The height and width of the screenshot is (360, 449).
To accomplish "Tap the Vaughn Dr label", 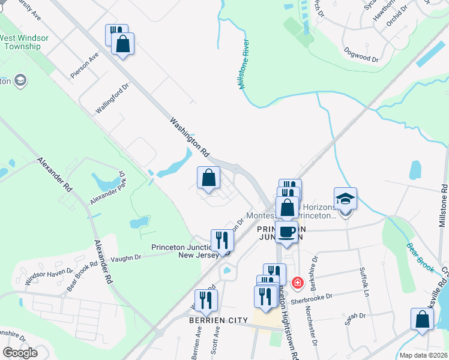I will [x=125, y=257].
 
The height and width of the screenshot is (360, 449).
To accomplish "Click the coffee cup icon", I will [x=286, y=232].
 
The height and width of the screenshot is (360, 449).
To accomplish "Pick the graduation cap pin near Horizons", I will [x=346, y=199].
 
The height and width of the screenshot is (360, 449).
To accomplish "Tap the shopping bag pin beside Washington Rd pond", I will [x=208, y=178].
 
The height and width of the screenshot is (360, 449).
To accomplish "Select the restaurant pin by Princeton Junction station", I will [x=221, y=240].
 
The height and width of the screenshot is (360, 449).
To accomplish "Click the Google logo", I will [x=20, y=353].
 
